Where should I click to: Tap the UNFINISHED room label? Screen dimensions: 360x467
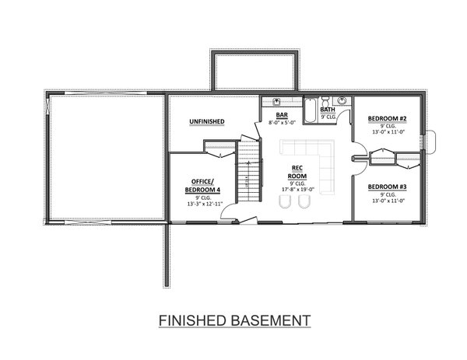pyautogui.click(x=206, y=121)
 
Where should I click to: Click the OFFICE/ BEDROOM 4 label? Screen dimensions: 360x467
pyautogui.click(x=202, y=186)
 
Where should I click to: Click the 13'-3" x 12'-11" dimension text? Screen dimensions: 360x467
pyautogui.click(x=205, y=204)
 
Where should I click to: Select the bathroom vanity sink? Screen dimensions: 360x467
pyautogui.click(x=341, y=101)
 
